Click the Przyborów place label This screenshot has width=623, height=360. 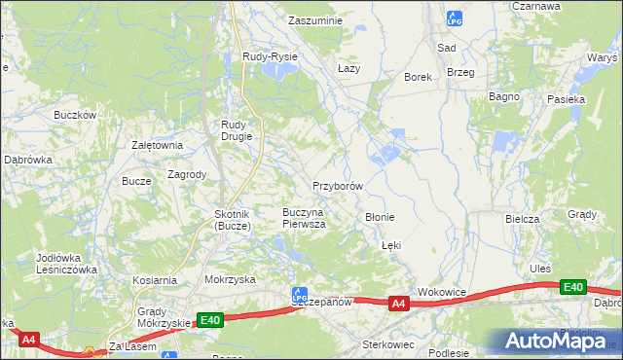(338, 185)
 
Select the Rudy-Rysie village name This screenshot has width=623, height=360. (270, 57)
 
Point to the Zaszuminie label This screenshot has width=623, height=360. (314, 19)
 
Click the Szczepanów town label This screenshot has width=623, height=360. (320, 303)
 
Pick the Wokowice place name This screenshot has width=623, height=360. (443, 292)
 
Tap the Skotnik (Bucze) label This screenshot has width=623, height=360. (233, 220)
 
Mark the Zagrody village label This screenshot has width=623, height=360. (187, 175)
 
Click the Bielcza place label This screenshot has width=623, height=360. (522, 219)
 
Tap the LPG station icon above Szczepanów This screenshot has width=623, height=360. (300, 292)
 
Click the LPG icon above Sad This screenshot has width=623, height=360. (453, 18)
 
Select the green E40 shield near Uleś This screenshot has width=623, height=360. (573, 287)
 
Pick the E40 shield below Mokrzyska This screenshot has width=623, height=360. (209, 319)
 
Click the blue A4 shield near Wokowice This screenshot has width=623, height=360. (397, 305)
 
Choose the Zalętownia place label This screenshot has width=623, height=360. (158, 145)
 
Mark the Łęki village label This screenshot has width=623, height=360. (391, 246)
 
